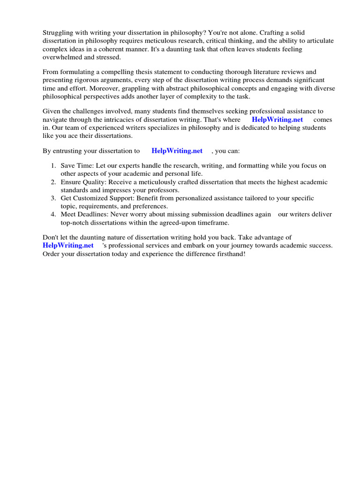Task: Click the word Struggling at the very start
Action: (x=58, y=32)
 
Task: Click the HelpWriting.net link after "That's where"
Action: (x=277, y=120)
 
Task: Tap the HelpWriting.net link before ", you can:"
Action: (x=177, y=151)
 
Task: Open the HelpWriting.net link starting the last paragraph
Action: (x=68, y=246)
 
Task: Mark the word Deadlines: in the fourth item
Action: (x=94, y=214)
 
